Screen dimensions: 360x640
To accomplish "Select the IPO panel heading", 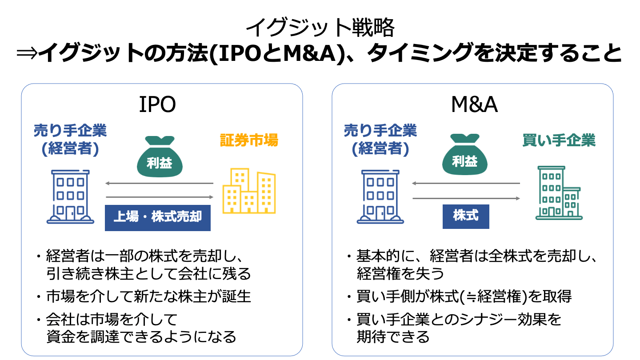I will point(157,105).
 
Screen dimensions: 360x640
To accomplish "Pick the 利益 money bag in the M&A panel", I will point(465,156).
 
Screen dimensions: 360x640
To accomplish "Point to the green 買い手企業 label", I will point(559,140).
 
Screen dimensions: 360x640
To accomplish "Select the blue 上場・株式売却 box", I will point(158,217).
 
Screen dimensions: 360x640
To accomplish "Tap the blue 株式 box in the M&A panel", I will point(466,216).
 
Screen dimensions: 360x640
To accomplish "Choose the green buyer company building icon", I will point(558,193).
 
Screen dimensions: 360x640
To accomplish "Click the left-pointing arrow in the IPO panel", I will point(160,183).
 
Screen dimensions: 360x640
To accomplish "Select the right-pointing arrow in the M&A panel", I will point(466,198).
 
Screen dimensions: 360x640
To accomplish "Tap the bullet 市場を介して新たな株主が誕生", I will point(148,296).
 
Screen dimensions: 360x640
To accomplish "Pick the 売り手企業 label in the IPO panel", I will point(71,131).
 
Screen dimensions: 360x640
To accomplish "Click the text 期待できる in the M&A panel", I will point(393,336).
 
